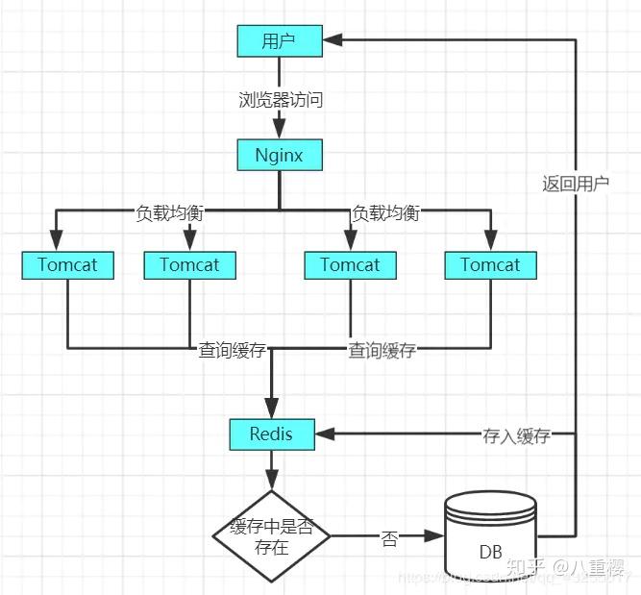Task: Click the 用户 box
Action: click(279, 40)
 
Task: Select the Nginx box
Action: click(279, 154)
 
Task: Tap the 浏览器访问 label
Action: click(279, 99)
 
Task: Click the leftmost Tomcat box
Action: click(67, 265)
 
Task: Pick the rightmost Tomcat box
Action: click(490, 265)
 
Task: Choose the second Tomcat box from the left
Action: click(189, 265)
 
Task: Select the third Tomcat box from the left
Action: click(350, 265)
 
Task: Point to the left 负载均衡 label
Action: click(170, 212)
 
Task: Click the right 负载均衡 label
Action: click(386, 212)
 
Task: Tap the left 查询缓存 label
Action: click(233, 350)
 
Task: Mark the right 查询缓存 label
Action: click(382, 350)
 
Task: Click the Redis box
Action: click(272, 434)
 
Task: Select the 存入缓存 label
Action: click(516, 435)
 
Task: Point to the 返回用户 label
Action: click(576, 184)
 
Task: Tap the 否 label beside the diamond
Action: click(390, 538)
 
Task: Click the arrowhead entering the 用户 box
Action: click(330, 40)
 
